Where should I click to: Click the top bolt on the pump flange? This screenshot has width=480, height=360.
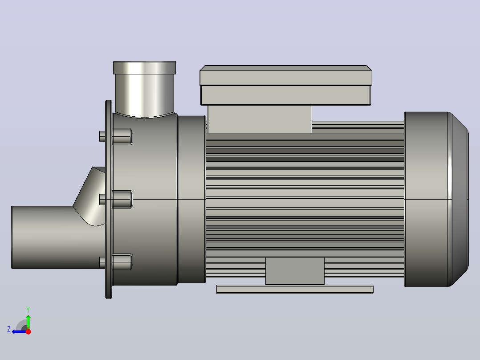(x=116, y=136)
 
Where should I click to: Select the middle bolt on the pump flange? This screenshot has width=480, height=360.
(x=116, y=199)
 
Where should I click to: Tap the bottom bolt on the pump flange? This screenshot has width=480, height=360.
(x=116, y=262)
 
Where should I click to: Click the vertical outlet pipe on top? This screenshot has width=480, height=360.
(x=144, y=95)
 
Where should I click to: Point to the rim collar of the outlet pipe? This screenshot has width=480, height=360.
(x=144, y=68)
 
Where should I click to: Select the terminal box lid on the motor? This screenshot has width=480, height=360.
(x=285, y=75)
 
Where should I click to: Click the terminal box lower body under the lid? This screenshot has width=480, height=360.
(x=285, y=95)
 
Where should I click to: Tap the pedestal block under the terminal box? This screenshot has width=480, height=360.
(x=259, y=119)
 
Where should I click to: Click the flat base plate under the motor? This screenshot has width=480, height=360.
(x=295, y=289)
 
